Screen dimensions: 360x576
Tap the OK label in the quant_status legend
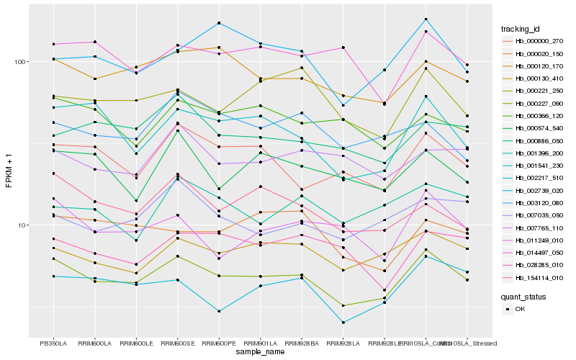[519, 308]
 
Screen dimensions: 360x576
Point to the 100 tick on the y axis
[20, 62]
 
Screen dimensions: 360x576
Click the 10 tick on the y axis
[22, 225]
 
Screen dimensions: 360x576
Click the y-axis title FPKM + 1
[9, 170]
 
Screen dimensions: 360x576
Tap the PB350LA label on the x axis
[53, 343]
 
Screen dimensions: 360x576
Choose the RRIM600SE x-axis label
[177, 343]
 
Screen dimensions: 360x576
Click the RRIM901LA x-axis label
[260, 343]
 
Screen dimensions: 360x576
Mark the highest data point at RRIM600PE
[219, 23]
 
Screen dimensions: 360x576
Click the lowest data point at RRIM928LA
[343, 323]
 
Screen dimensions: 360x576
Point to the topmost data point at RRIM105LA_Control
[426, 19]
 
